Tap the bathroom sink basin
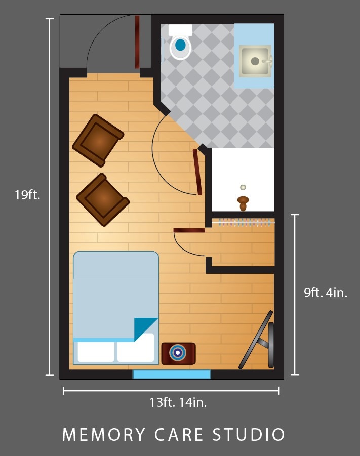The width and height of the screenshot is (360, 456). pyautogui.click(x=255, y=61)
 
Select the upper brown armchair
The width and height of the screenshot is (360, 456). pyautogui.click(x=98, y=141)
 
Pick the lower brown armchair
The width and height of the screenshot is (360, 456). pyautogui.click(x=102, y=199)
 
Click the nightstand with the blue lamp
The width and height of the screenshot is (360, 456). pyautogui.click(x=178, y=353)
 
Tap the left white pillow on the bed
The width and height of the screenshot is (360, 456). pyautogui.click(x=96, y=352)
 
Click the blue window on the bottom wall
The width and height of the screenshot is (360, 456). pyautogui.click(x=172, y=375)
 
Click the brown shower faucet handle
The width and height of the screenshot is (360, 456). pyautogui.click(x=243, y=203)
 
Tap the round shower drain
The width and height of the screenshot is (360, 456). pyautogui.click(x=243, y=187)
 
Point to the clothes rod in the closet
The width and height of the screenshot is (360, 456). pyautogui.click(x=244, y=223)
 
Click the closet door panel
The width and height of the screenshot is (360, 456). pyautogui.click(x=189, y=230)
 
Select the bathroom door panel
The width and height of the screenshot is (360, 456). pyautogui.click(x=197, y=172)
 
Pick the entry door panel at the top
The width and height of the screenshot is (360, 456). pyautogui.click(x=137, y=42)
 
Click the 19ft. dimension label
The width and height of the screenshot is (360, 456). pyautogui.click(x=27, y=194)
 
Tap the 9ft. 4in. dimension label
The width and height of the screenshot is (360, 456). pyautogui.click(x=326, y=292)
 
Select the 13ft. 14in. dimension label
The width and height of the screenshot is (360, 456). pyautogui.click(x=178, y=402)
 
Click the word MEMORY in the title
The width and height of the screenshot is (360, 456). pyautogui.click(x=104, y=434)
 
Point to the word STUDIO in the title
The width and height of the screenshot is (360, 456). pyautogui.click(x=249, y=434)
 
